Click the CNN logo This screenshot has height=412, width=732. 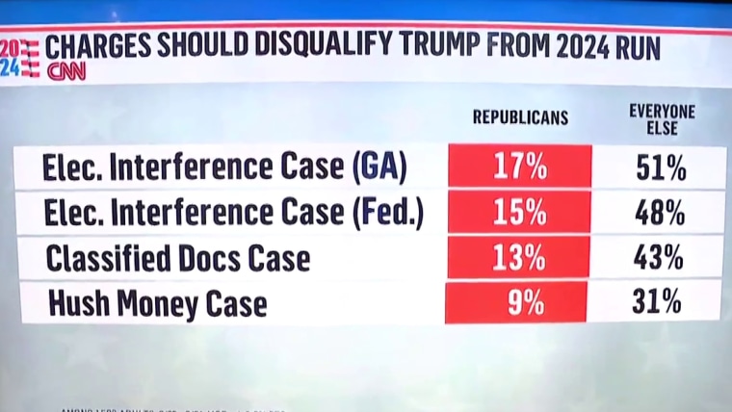(66, 70)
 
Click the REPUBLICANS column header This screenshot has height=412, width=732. (520, 117)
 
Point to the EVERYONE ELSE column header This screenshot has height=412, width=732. (662, 118)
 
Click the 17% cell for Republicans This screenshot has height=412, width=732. (520, 167)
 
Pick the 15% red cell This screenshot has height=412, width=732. (520, 213)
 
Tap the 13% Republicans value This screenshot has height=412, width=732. (520, 258)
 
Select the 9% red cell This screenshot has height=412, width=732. (520, 303)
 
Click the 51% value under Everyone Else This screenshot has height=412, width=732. (662, 167)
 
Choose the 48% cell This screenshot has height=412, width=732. (662, 213)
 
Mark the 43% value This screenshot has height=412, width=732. (662, 258)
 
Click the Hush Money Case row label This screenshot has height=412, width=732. (156, 304)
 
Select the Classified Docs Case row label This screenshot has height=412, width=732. (177, 259)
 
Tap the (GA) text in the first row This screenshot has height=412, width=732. (379, 168)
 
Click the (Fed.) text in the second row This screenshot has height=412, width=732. (386, 214)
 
